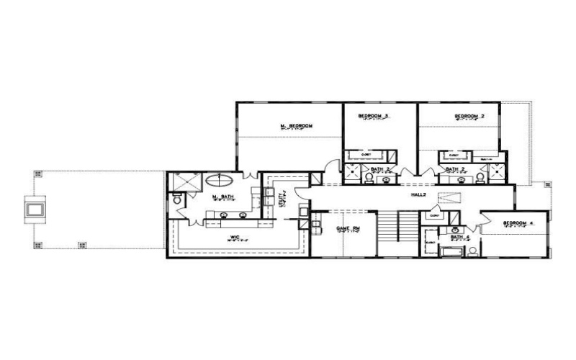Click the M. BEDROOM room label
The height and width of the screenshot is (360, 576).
296,126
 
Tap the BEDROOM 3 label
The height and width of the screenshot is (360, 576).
374,116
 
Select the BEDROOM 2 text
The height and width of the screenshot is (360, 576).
469,116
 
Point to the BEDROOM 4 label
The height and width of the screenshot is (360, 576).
518,222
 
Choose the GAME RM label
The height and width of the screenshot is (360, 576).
348,228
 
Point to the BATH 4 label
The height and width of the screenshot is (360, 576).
460,236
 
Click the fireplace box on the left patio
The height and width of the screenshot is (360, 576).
34,209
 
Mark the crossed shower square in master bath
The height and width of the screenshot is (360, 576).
185,181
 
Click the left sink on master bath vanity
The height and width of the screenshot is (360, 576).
224,214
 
